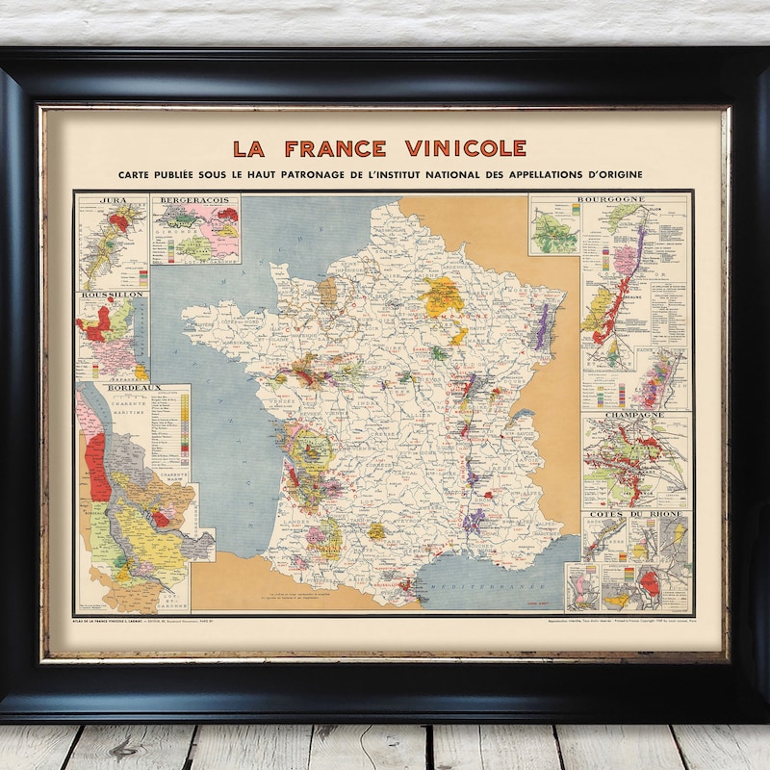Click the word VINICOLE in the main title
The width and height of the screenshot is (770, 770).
(465, 148)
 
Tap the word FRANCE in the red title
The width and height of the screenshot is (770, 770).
(335, 148)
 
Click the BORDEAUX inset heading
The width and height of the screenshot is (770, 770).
(133, 388)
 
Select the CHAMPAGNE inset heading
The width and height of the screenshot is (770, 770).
(634, 417)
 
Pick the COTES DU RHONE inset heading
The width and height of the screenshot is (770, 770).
(635, 516)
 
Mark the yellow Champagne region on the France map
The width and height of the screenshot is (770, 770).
(442, 296)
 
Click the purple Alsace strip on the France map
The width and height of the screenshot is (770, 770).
(542, 327)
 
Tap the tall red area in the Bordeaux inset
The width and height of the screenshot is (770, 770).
(96, 467)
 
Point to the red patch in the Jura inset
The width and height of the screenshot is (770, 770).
(118, 222)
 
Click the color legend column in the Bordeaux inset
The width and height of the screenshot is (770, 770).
(184, 423)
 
